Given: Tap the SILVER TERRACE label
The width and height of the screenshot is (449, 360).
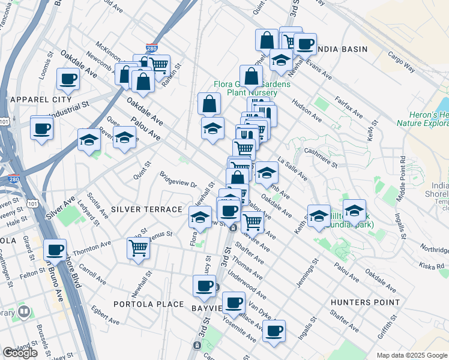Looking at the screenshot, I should [146, 209].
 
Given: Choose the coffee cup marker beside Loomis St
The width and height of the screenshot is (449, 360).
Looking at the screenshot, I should [68, 79].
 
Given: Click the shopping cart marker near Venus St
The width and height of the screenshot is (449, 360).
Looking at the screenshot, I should [138, 247].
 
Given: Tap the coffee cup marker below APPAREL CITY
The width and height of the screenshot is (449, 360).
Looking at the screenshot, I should [41, 128].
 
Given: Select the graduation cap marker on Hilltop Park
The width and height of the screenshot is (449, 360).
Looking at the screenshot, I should [355, 211].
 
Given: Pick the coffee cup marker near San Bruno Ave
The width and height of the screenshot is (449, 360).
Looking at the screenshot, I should [55, 250].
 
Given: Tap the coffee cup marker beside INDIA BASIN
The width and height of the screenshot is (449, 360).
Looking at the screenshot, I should [305, 44].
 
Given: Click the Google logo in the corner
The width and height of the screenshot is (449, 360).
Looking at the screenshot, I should [20, 353].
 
